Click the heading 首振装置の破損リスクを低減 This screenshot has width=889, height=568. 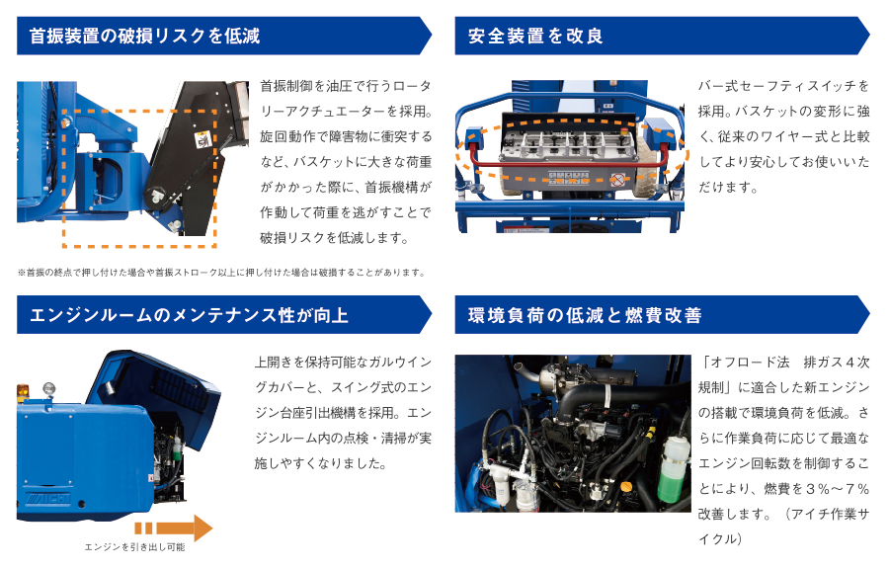point(145,37)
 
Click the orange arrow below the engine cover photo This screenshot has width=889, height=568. point(174,527)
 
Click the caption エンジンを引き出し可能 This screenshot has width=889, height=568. point(134,546)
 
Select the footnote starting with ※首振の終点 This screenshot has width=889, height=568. point(221,273)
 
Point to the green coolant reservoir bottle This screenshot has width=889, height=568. point(673,464)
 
